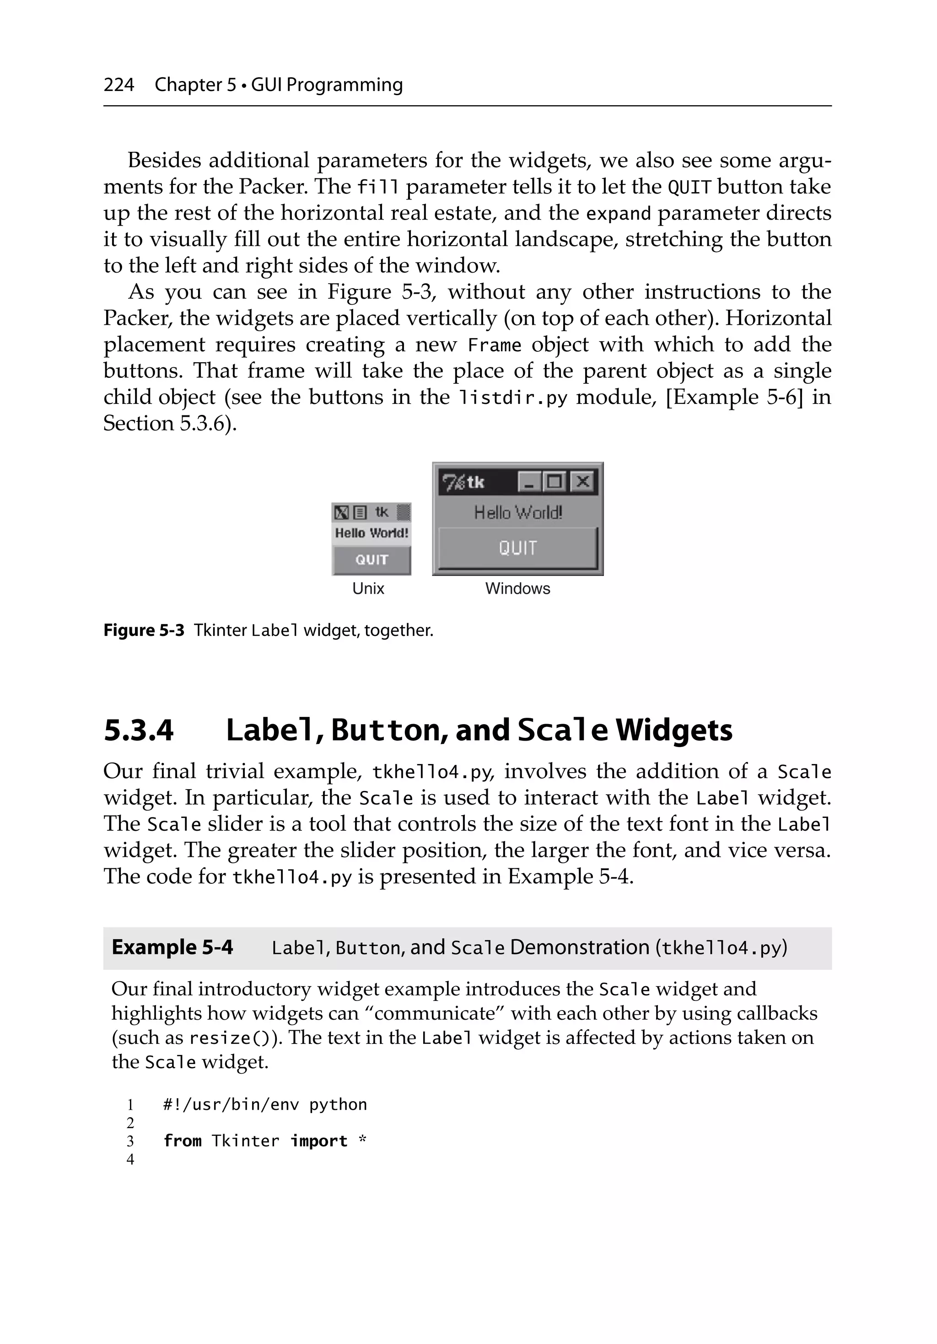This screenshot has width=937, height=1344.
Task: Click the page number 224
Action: click(x=119, y=85)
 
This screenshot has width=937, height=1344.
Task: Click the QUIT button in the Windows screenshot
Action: click(x=518, y=548)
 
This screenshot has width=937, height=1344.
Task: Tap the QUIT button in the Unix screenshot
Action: click(x=372, y=559)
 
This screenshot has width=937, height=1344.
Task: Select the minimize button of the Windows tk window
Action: click(x=529, y=482)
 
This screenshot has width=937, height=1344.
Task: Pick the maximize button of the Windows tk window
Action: click(x=555, y=482)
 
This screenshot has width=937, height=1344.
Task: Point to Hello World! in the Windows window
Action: click(x=518, y=513)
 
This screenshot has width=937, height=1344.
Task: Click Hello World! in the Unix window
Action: click(x=372, y=532)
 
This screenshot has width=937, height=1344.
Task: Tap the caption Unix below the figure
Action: click(x=368, y=588)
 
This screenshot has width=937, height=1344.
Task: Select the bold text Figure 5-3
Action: click(x=144, y=630)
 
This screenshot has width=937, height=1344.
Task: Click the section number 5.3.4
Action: click(x=139, y=730)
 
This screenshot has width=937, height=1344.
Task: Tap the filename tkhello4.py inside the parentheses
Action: click(x=720, y=948)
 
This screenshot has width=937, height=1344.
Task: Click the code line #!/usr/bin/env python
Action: click(x=265, y=1105)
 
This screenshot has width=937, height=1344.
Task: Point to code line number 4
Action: click(x=130, y=1159)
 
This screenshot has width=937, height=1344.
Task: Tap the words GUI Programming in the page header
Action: click(x=327, y=85)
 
